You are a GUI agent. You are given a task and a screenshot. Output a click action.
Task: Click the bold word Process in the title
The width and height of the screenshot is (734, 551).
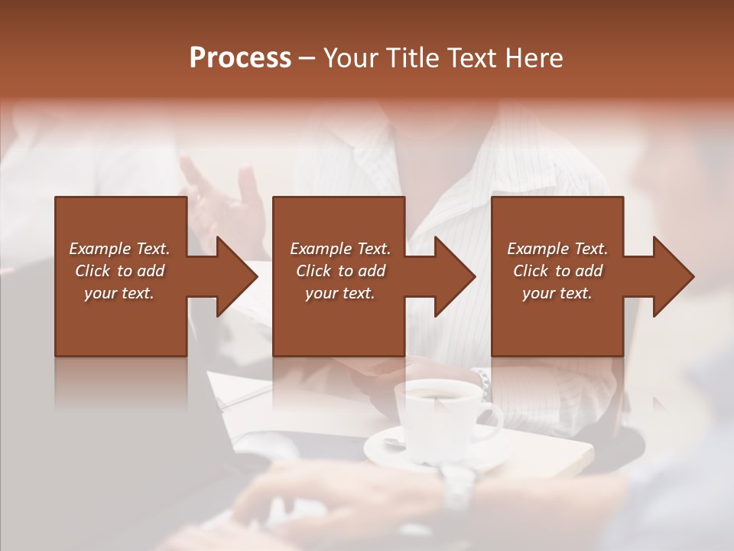[240, 58]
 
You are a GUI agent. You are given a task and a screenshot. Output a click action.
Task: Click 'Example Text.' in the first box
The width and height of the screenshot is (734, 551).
[119, 249]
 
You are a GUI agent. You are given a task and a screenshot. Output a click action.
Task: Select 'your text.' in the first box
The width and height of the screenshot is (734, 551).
[119, 293]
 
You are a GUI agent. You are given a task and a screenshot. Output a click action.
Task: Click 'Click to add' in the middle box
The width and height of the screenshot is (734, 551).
[340, 271]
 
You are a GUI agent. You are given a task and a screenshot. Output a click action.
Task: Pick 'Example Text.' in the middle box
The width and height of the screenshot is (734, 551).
[340, 249]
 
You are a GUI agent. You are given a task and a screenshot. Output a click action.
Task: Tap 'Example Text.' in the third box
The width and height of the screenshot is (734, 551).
[557, 249]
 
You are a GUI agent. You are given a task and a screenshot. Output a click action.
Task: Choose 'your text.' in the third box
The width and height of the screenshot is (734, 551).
[557, 293]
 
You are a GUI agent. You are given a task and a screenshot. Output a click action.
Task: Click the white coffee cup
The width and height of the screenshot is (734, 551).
[436, 417]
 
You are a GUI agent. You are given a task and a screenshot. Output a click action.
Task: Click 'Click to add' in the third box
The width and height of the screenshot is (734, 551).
[557, 271]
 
